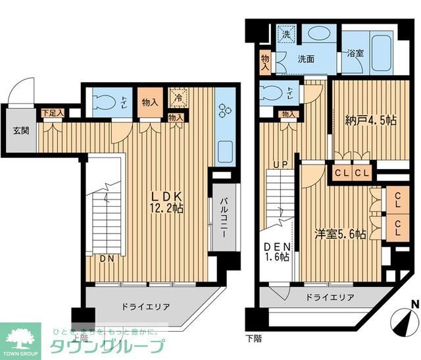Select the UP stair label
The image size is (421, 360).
pyautogui.click(x=281, y=164)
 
